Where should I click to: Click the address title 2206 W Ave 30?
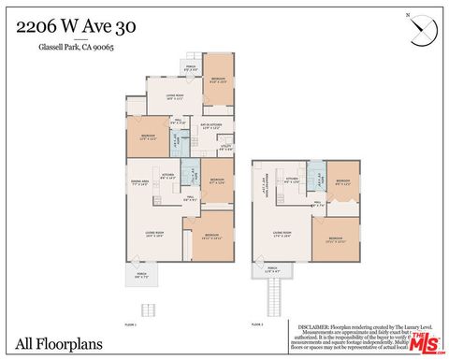coord(76,27)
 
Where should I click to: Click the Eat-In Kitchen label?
coord(210,126)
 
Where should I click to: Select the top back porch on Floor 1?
coord(191,67)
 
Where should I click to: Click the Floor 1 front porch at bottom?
coord(141,277)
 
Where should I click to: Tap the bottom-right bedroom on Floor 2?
coord(335,238)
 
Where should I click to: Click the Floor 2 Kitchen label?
coord(292,179)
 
